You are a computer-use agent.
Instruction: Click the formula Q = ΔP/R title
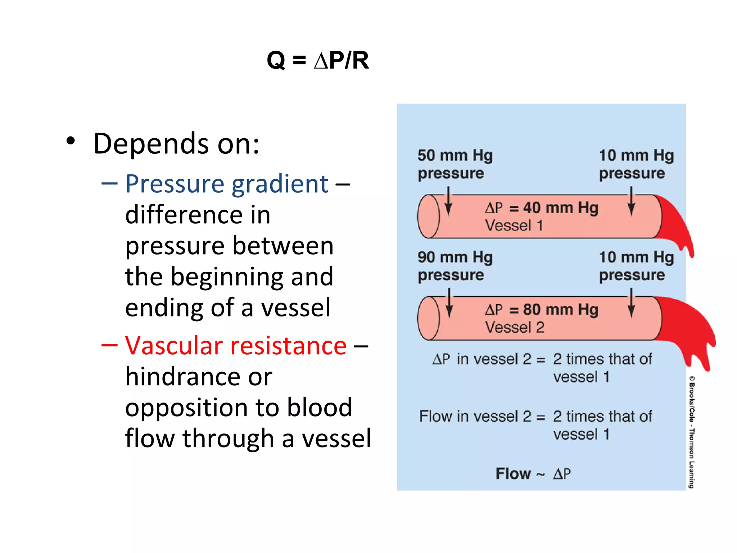pyautogui.click(x=318, y=60)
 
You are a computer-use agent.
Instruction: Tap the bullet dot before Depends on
pyautogui.click(x=71, y=141)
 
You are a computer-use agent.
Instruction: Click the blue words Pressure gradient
pyautogui.click(x=227, y=184)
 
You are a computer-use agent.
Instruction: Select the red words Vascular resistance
pyautogui.click(x=236, y=346)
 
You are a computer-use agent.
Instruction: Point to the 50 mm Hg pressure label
pyautogui.click(x=455, y=164)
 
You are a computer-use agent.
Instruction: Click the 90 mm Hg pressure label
pyautogui.click(x=455, y=266)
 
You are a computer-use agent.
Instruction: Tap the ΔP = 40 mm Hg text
pyautogui.click(x=542, y=208)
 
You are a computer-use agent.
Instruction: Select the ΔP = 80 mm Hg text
pyautogui.click(x=542, y=310)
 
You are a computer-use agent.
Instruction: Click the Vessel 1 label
pyautogui.click(x=514, y=226)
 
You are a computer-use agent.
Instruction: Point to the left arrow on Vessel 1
pyautogui.click(x=448, y=202)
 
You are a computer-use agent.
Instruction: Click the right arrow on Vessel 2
pyautogui.click(x=631, y=303)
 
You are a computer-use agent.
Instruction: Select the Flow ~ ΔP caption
pyautogui.click(x=533, y=474)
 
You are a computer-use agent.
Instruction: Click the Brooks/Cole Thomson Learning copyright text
pyautogui.click(x=692, y=432)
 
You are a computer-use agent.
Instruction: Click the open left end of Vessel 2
pyautogui.click(x=428, y=318)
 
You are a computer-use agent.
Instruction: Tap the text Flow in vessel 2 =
pyautogui.click(x=482, y=417)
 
